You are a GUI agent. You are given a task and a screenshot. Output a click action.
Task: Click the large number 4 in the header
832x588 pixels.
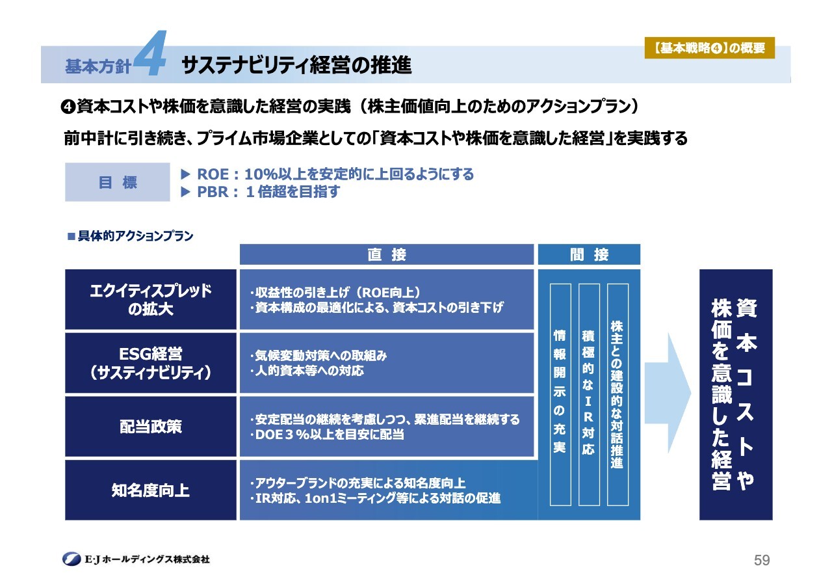point(150,53)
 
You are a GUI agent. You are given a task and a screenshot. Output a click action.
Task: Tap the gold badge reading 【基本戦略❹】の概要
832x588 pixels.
point(709,48)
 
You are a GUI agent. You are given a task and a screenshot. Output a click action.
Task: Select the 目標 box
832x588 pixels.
point(118,182)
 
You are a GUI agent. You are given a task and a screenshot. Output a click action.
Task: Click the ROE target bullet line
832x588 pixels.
point(327,174)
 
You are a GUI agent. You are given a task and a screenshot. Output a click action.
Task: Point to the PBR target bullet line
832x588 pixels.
point(260,192)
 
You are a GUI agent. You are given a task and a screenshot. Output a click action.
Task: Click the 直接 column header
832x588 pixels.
point(387,254)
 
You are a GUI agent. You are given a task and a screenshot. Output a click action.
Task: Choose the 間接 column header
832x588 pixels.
point(589,254)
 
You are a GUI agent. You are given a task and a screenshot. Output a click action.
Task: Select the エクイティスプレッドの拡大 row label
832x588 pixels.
point(151,299)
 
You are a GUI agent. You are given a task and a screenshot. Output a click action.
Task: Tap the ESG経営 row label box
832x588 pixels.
point(151,363)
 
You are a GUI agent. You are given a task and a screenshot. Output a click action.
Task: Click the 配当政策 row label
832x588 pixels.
point(151,426)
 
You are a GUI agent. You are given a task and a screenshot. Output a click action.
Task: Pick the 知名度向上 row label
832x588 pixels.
point(151,490)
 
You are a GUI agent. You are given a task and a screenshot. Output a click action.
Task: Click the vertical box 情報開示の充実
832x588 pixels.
point(560,395)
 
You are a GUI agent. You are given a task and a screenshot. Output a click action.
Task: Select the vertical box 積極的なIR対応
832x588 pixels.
point(589,395)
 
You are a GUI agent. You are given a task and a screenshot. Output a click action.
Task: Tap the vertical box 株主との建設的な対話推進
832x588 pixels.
point(617,395)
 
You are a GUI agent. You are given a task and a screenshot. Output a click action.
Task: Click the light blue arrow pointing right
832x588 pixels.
point(668,393)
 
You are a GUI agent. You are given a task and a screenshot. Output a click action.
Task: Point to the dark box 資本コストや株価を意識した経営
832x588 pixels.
point(736,395)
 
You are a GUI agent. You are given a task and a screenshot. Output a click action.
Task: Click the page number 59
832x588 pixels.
point(762,560)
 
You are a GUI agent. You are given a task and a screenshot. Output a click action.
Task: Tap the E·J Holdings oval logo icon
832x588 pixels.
point(71,559)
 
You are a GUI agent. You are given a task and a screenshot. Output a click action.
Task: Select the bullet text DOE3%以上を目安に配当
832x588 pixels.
point(327,434)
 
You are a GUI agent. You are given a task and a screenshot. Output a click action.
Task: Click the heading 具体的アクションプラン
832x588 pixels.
point(131,236)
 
